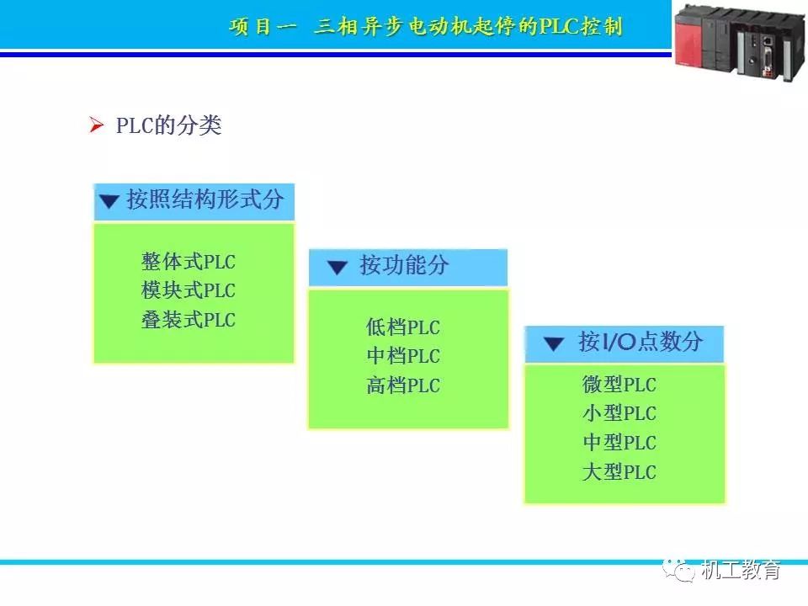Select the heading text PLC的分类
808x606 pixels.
[x=168, y=126]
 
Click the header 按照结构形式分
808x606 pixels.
[x=205, y=200]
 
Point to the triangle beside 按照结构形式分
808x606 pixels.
[x=109, y=202]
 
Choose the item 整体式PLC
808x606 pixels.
[x=189, y=262]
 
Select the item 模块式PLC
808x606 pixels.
[x=189, y=291]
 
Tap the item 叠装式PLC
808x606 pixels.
[x=189, y=321]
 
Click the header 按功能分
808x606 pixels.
[x=404, y=267]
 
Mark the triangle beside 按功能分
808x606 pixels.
[x=338, y=268]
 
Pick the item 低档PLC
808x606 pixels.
[x=403, y=327]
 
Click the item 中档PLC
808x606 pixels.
[x=403, y=356]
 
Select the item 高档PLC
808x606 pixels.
[x=403, y=386]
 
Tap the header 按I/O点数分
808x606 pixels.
[x=640, y=342]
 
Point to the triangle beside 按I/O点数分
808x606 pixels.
[x=553, y=343]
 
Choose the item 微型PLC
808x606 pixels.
[x=619, y=385]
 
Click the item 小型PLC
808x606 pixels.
[x=619, y=414]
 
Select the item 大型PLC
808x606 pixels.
[x=619, y=472]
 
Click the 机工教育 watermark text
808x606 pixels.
[x=741, y=570]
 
